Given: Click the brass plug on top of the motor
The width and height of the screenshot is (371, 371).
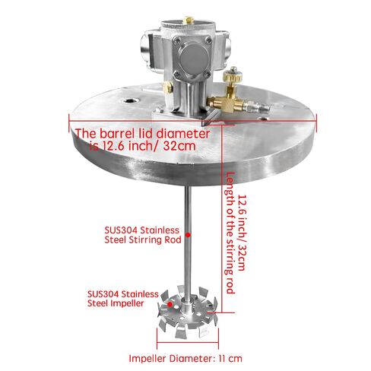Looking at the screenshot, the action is (x=188, y=20).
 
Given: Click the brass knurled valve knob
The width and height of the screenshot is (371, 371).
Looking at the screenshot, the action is (x=232, y=75).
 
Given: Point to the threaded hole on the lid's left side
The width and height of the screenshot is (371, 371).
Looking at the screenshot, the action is (x=131, y=101).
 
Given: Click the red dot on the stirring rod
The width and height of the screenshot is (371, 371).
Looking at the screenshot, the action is (x=188, y=235).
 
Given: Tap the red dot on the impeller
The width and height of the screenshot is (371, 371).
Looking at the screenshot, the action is (x=170, y=303).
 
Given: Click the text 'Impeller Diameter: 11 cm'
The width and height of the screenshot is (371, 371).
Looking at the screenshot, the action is (x=185, y=358).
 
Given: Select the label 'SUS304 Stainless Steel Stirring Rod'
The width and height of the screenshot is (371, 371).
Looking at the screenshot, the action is (x=143, y=235).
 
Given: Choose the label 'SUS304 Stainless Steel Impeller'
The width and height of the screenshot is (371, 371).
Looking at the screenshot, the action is (x=122, y=299).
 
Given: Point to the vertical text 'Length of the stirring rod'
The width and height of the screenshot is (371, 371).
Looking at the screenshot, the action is (x=230, y=233).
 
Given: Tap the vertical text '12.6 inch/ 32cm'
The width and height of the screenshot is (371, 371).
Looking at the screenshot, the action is (x=242, y=233).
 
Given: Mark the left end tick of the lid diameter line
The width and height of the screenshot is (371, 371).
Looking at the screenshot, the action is (x=69, y=122).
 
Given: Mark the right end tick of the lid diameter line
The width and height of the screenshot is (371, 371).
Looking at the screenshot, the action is (x=316, y=122).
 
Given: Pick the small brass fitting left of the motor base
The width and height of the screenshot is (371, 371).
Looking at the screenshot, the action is (x=168, y=87).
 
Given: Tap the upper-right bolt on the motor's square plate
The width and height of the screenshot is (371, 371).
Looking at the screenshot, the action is (x=208, y=40).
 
